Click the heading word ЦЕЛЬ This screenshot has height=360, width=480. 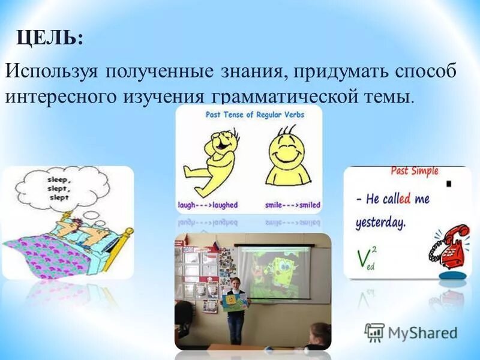[x=49, y=38]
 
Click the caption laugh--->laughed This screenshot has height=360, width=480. [x=208, y=205]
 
